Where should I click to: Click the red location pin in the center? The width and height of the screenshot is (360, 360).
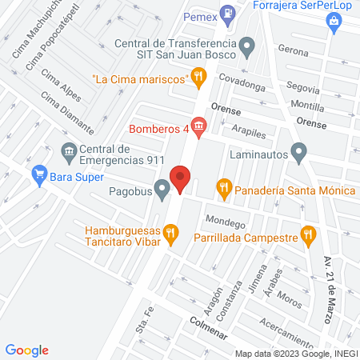click(x=180, y=178)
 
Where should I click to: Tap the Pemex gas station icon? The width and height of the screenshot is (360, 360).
click(x=229, y=13)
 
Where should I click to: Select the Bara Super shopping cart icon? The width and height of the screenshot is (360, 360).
click(x=38, y=174)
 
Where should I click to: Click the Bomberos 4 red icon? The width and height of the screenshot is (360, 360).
click(x=199, y=127)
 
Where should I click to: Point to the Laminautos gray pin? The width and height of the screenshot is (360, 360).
click(x=299, y=150)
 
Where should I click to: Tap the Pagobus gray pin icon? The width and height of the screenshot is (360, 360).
click(x=162, y=190)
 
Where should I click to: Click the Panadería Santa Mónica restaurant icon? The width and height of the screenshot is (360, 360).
click(x=224, y=189)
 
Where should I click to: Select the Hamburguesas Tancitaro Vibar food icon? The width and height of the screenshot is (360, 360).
click(x=170, y=234)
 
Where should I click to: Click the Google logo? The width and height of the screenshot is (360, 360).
click(x=26, y=350)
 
